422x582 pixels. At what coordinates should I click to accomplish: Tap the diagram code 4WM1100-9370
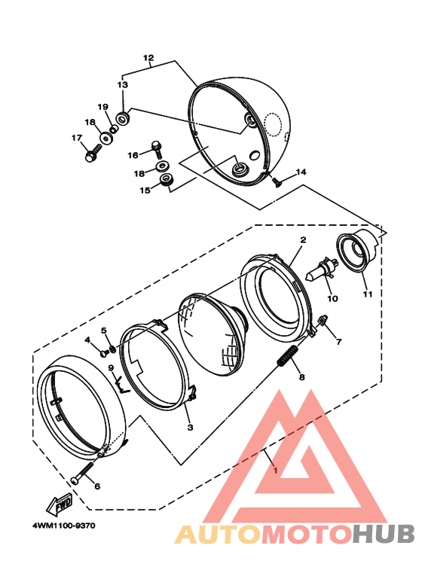coord(64,526)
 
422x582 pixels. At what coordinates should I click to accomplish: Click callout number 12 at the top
coord(148,58)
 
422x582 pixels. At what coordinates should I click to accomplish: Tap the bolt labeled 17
coord(93,153)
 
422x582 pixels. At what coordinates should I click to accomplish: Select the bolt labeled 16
coord(157,148)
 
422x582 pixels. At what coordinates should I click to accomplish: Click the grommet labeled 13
coord(123,118)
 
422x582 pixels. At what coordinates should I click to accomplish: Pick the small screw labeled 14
coord(276,181)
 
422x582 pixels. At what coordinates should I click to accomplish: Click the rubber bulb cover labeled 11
coord(357,251)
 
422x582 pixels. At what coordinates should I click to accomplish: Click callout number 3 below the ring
coord(190,428)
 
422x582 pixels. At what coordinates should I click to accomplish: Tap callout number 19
coord(103,107)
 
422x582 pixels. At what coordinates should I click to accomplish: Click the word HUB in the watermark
coord(383,534)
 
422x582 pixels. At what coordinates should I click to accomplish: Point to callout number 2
coord(303,239)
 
